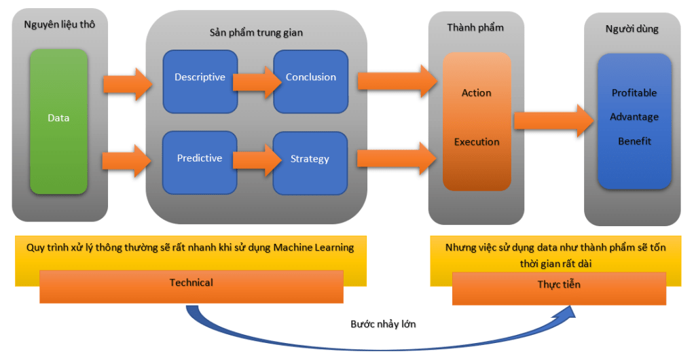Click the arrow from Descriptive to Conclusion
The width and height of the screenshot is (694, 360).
click(255, 82)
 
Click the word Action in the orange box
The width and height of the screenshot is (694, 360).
click(476, 93)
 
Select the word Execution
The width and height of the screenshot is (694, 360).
click(477, 142)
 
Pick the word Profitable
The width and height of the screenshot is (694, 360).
click(634, 93)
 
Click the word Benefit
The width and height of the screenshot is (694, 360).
click(634, 141)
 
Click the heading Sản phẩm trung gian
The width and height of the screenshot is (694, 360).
click(256, 33)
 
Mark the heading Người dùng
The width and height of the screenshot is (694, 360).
click(632, 29)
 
